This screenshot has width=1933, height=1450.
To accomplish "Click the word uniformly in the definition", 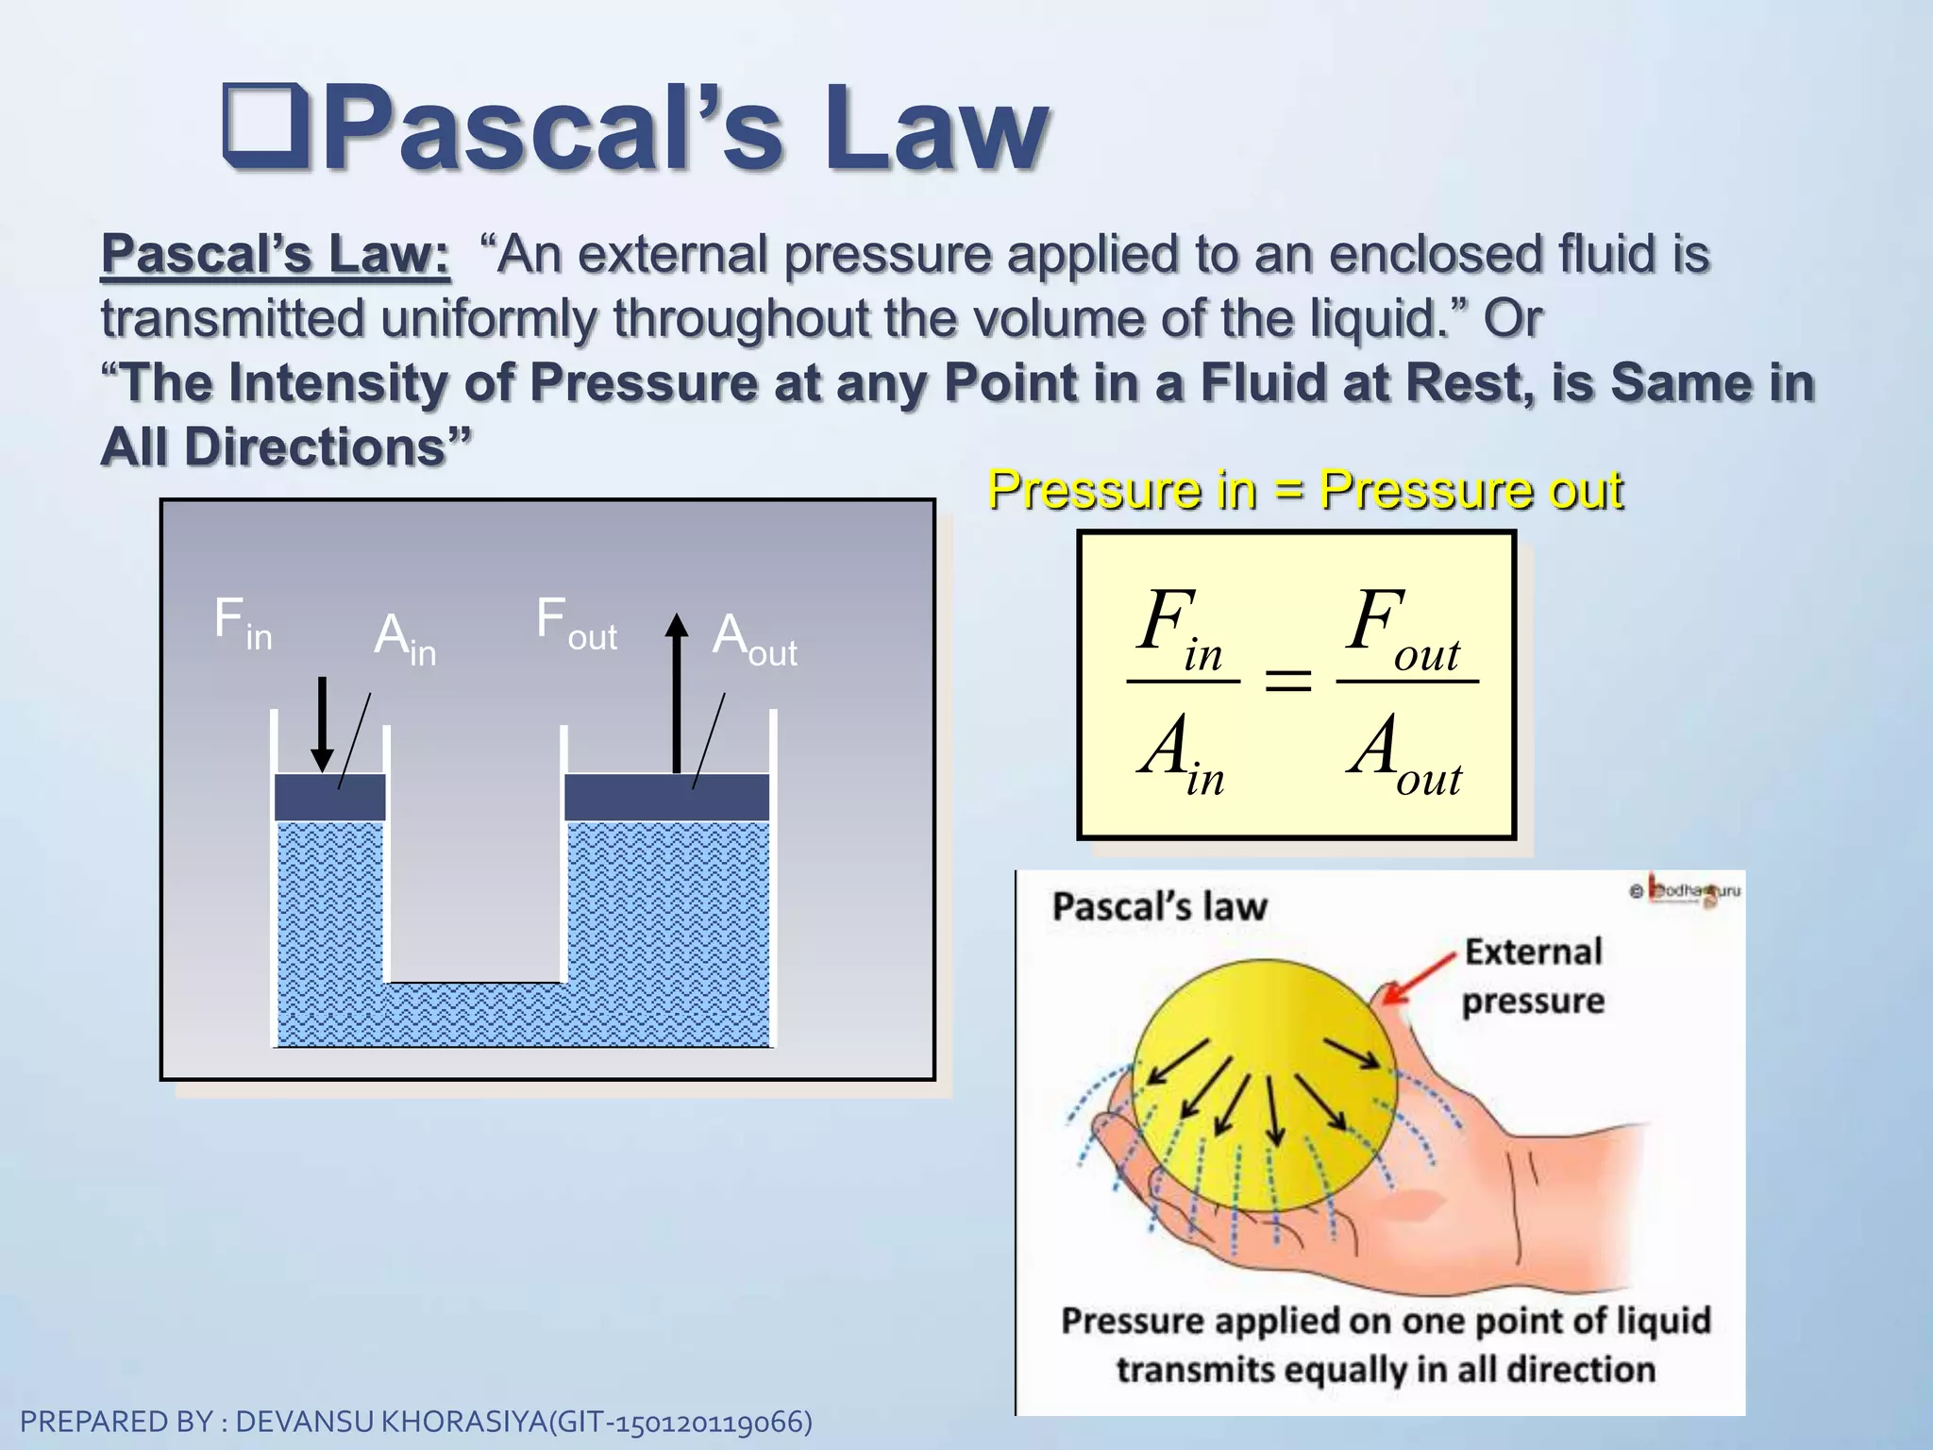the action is pos(487,318).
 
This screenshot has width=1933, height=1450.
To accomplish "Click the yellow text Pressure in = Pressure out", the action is pos(1305,490).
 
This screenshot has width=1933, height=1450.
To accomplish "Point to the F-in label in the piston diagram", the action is pos(242,623).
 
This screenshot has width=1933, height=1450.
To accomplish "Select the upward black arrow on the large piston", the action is pos(676,694).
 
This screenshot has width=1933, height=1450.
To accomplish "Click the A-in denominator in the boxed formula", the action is pos(1180,751).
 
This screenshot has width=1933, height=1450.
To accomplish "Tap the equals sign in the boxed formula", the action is pos(1287,680).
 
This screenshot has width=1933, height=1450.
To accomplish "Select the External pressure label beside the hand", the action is pos(1533,975).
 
